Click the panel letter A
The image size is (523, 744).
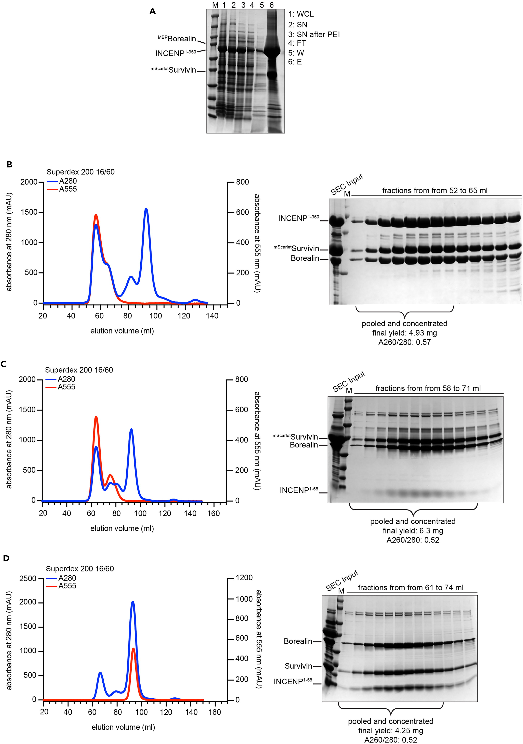coord(153,11)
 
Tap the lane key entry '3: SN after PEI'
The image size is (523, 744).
coord(314,34)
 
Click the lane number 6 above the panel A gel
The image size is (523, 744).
coord(271,5)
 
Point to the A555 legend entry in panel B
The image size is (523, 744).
coord(67,189)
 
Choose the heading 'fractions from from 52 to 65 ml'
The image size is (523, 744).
coord(435,191)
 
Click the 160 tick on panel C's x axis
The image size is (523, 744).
coord(213,513)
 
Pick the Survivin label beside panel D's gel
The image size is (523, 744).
coord(298,666)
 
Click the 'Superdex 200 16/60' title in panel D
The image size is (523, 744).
coord(80,569)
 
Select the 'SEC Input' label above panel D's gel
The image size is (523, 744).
coord(342,580)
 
